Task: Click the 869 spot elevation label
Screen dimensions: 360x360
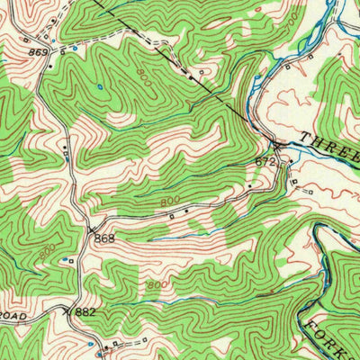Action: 37,54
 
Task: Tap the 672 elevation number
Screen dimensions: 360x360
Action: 265,161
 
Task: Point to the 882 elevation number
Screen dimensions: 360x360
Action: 85,310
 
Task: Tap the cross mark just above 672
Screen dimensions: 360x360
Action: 276,144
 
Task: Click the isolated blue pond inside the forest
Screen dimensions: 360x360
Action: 99,87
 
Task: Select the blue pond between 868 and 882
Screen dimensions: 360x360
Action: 65,260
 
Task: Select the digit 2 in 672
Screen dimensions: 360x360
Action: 272,161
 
